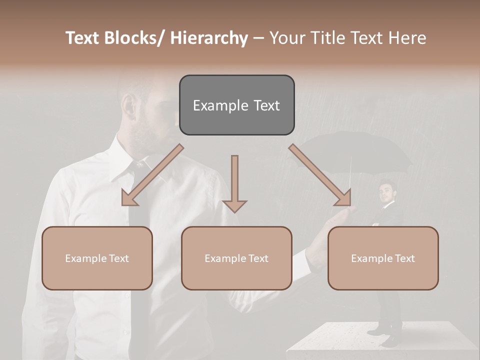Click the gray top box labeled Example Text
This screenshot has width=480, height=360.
(236, 105)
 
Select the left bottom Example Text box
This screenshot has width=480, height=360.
(97, 258)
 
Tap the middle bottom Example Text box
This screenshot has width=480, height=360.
(236, 258)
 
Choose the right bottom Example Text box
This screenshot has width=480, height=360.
(383, 258)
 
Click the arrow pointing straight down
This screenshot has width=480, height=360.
(234, 185)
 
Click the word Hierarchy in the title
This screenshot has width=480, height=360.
(209, 38)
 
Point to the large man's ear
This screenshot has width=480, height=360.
(128, 107)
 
